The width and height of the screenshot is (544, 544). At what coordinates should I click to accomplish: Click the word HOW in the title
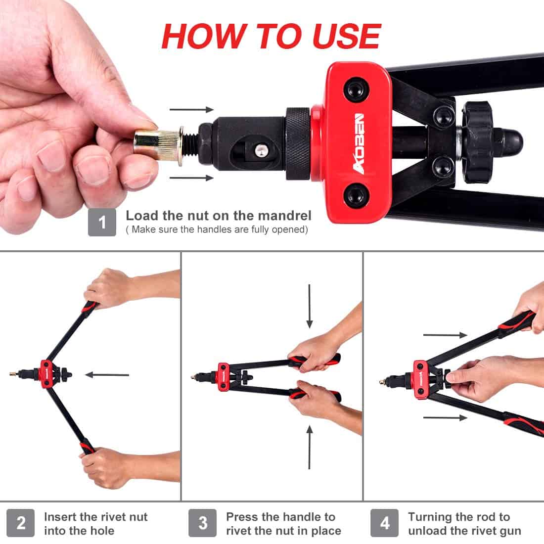click(x=203, y=36)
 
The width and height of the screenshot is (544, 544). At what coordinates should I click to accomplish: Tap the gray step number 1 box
click(x=102, y=222)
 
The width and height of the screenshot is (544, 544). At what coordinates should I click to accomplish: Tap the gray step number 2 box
click(x=21, y=523)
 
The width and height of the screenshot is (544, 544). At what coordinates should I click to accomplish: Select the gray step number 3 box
click(x=203, y=523)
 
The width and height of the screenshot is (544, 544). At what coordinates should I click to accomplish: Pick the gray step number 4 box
click(x=385, y=523)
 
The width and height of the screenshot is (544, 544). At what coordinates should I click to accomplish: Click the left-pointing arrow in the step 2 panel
click(x=107, y=375)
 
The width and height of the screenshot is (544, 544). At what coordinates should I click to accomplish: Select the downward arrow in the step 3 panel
click(x=310, y=306)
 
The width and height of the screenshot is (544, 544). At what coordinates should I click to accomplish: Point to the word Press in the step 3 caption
click(x=242, y=517)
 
